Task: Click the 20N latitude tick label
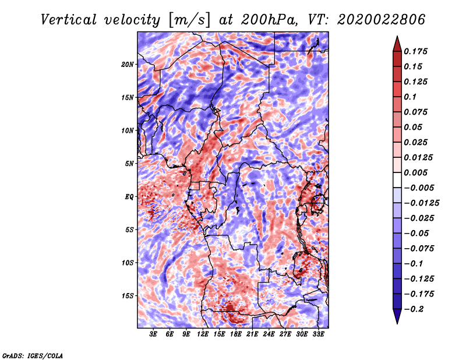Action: pos(128,65)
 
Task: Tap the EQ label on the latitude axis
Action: pos(129,197)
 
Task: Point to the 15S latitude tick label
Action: pos(128,296)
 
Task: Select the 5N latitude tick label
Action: pos(129,164)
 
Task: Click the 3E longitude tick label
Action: pos(153,334)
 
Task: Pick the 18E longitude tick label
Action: pos(236,334)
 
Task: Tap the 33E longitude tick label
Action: pos(318,334)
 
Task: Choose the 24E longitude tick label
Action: pos(269,334)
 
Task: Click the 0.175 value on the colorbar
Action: pos(415,51)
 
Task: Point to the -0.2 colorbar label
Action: pos(414,309)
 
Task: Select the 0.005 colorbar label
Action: pos(415,172)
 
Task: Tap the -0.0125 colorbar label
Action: pos(421,203)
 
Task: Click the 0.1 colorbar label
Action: pos(410,97)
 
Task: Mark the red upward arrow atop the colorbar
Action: pos(397,44)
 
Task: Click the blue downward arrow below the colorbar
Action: pos(397,316)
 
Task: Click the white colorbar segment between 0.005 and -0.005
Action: pos(397,180)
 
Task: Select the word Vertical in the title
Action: pos(69,20)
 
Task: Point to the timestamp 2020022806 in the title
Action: pos(382,20)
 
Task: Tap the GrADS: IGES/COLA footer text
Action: pos(33,356)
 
